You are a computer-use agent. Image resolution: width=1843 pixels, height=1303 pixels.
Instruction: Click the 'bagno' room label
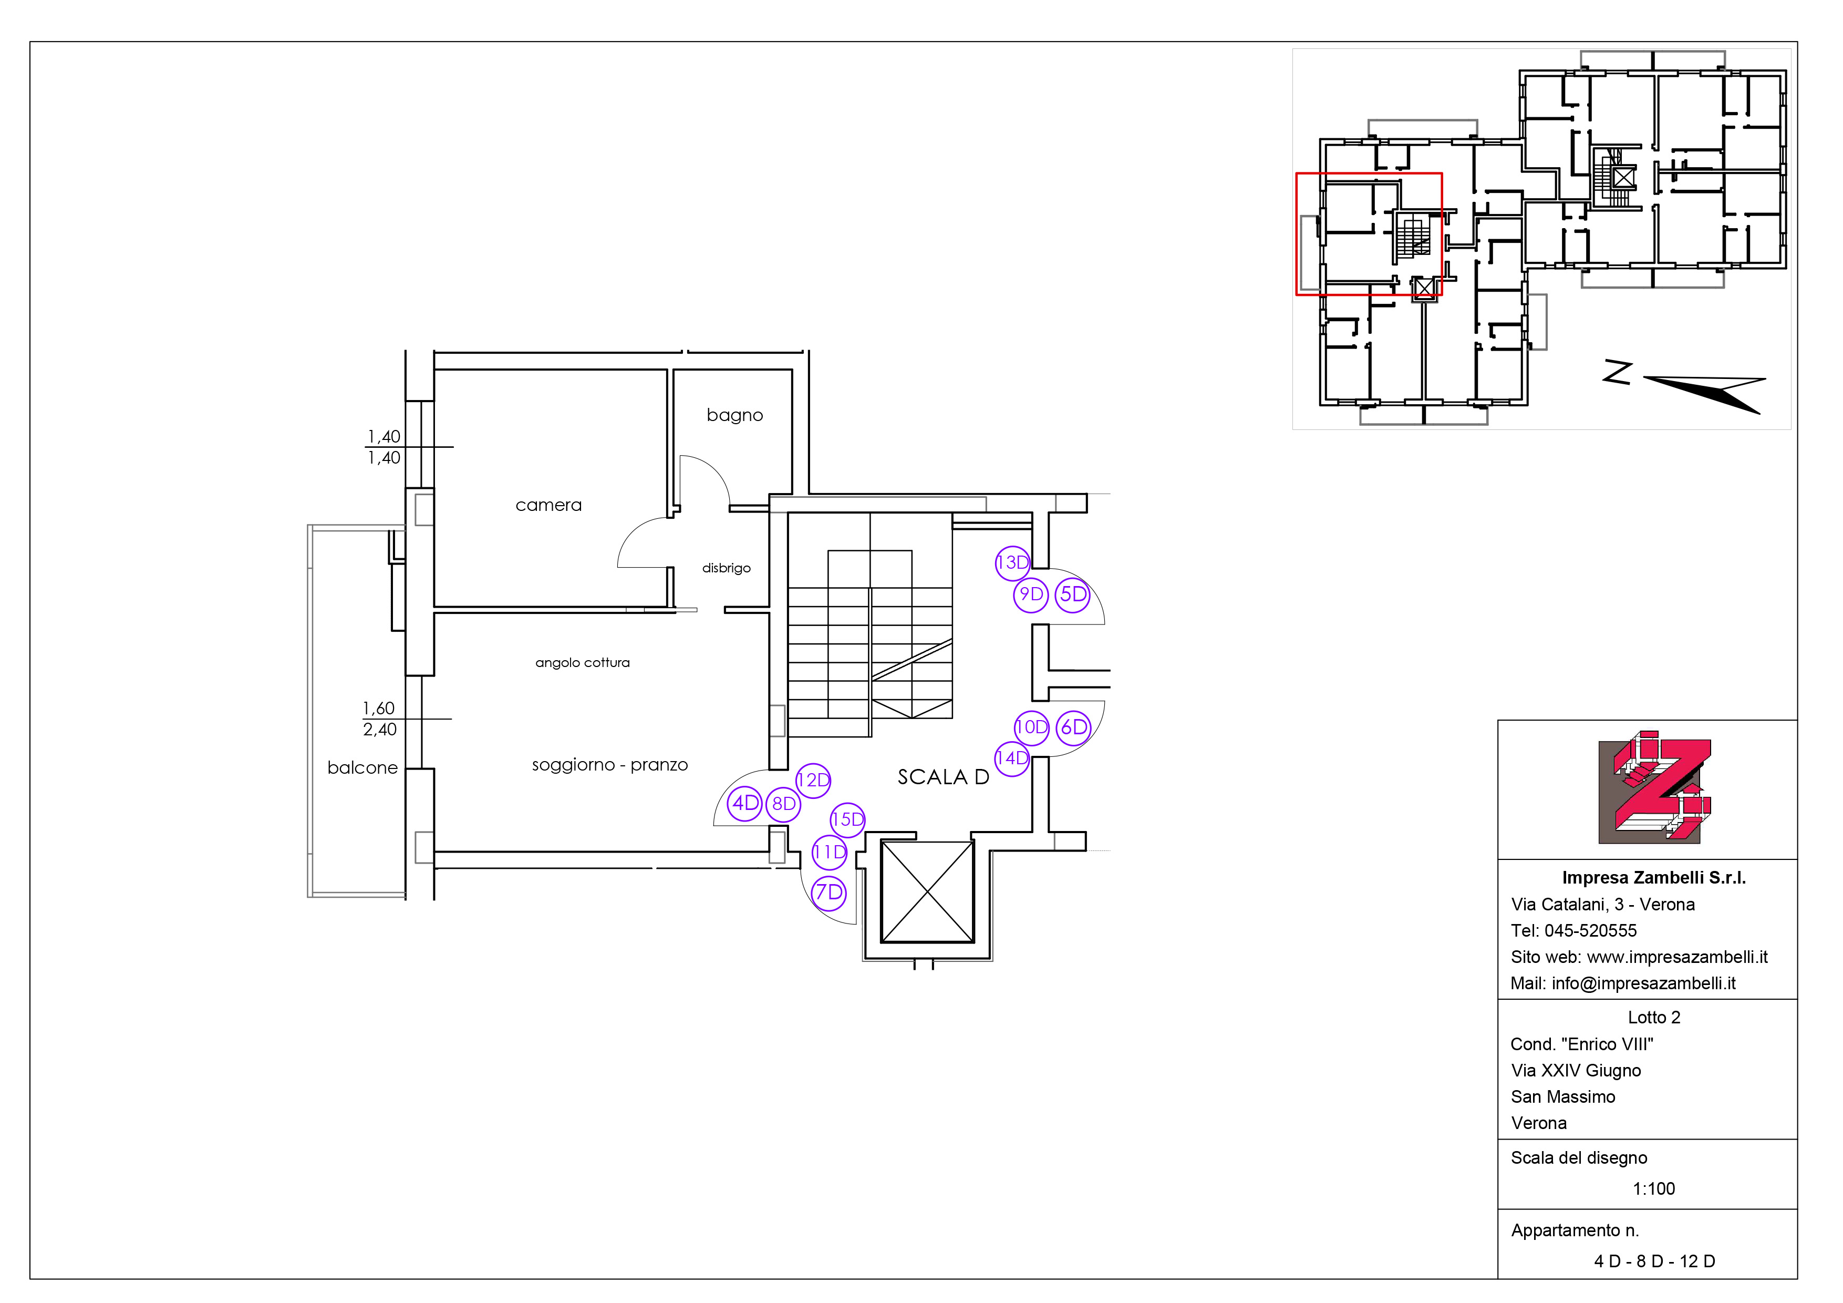coord(734,416)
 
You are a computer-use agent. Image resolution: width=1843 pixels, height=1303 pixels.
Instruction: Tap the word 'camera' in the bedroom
coord(548,505)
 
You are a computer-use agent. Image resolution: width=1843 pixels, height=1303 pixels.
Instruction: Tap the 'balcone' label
coord(363,767)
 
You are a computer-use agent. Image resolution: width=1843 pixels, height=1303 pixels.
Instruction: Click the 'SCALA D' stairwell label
coord(943,777)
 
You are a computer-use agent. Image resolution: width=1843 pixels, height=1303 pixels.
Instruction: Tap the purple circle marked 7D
coord(829,892)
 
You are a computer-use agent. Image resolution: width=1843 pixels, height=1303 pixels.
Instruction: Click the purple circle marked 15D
coord(847,819)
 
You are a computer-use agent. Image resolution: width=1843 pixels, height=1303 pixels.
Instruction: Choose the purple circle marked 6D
coord(1073,727)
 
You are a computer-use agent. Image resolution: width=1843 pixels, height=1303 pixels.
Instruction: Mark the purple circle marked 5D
coord(1072,595)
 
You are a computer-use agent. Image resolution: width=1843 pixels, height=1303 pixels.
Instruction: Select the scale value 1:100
coord(1653,1189)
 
